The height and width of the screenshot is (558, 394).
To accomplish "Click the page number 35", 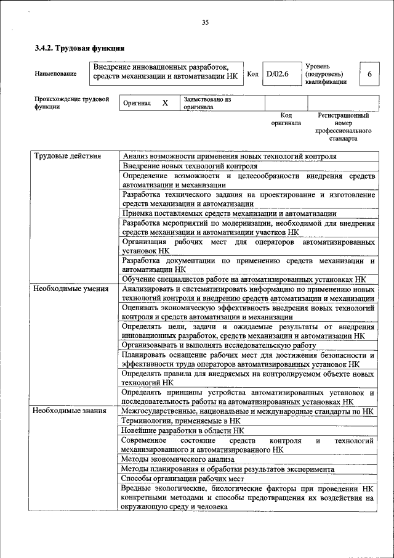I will coord(205,23).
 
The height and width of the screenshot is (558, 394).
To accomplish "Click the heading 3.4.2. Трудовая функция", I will coord(80,47).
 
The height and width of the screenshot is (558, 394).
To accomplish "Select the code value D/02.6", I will coord(277,74).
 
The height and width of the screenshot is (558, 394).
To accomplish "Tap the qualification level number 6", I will coord(369,74).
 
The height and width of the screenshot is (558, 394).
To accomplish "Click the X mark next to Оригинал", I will coord(165,103).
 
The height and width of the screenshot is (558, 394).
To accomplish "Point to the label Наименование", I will coord(56,74).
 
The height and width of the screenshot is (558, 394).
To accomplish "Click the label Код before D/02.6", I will coord(252,74).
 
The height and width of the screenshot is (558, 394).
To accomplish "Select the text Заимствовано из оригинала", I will coord(206,102).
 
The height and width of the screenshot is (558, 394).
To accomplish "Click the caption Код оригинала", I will coord(286,119).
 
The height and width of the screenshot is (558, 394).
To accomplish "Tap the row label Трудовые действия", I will coord(67,157).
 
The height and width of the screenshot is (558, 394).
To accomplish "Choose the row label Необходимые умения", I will coord(71,289).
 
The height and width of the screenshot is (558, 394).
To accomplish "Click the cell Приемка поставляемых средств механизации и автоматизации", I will coord(225,213).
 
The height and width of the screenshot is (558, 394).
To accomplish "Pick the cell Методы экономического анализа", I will coord(178,459).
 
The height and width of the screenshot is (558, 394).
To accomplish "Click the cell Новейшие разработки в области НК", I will coord(182,430).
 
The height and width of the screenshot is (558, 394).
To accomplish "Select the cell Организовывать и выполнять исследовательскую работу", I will coord(219,345).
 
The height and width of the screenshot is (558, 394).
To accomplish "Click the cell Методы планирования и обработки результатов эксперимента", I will coord(228,469).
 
